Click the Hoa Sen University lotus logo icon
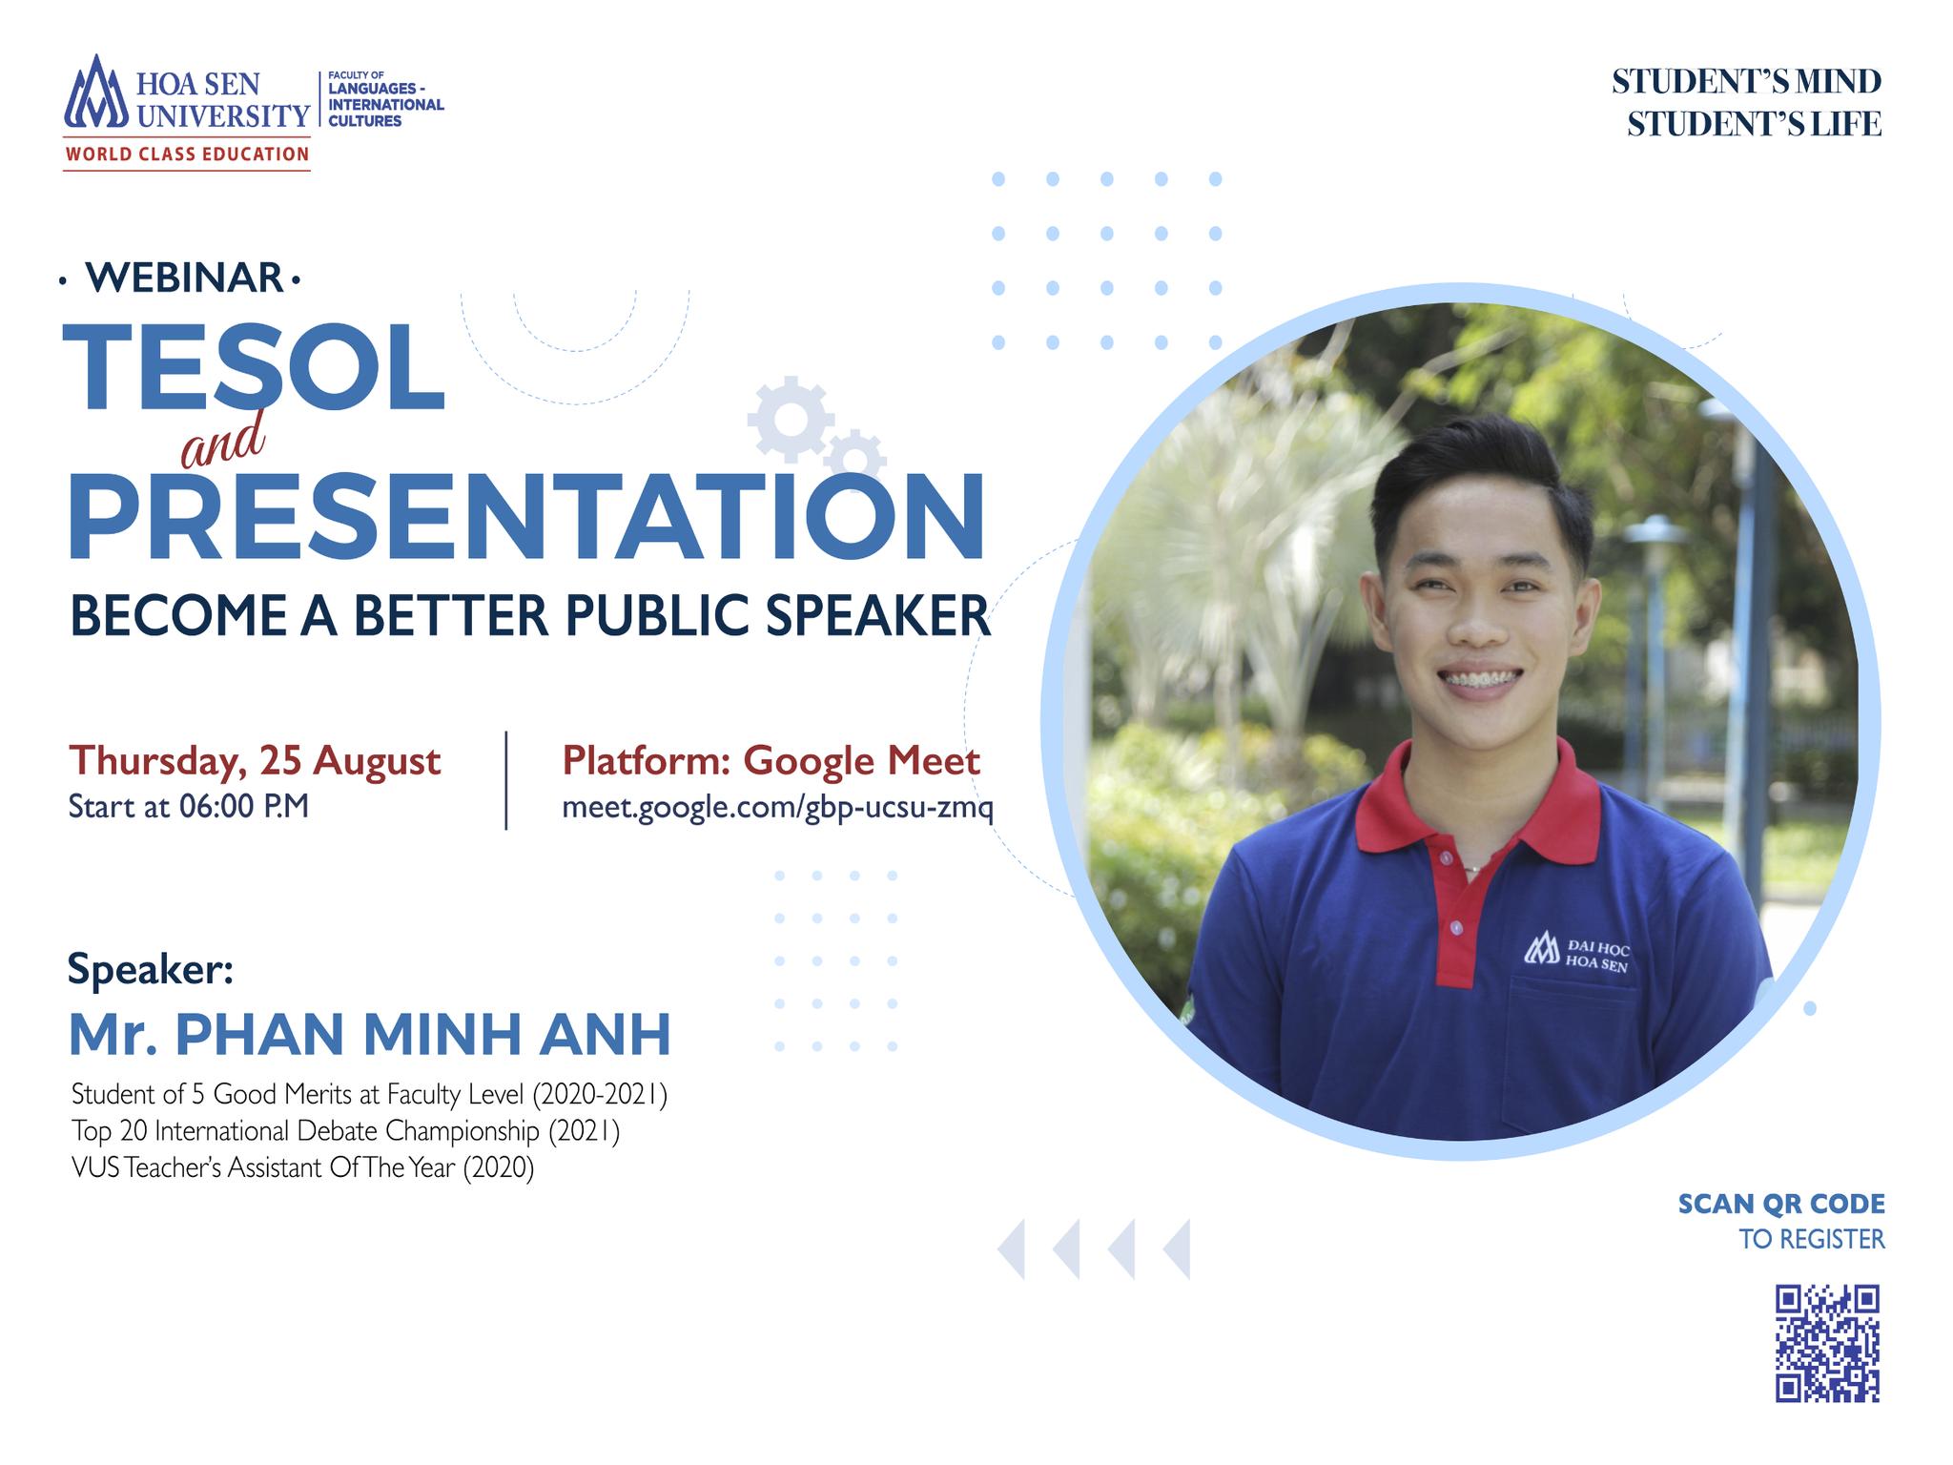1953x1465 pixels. [95, 92]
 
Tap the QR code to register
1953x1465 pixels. [1827, 1344]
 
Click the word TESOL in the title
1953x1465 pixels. [254, 368]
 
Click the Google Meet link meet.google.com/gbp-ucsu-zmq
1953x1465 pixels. [777, 808]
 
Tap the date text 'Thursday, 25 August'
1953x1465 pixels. [255, 761]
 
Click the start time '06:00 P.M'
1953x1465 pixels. [243, 807]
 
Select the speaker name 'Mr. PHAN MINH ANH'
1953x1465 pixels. [370, 1035]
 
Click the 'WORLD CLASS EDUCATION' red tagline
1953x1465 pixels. [187, 154]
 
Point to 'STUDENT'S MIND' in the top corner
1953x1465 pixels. [1747, 82]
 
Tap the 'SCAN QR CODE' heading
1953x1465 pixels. [1781, 1204]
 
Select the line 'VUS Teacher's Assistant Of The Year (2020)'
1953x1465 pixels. [302, 1167]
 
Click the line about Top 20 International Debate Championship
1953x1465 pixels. [345, 1131]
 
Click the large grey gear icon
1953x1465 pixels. [791, 420]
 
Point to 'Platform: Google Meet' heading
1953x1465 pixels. [771, 761]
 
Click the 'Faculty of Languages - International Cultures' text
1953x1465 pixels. [385, 98]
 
